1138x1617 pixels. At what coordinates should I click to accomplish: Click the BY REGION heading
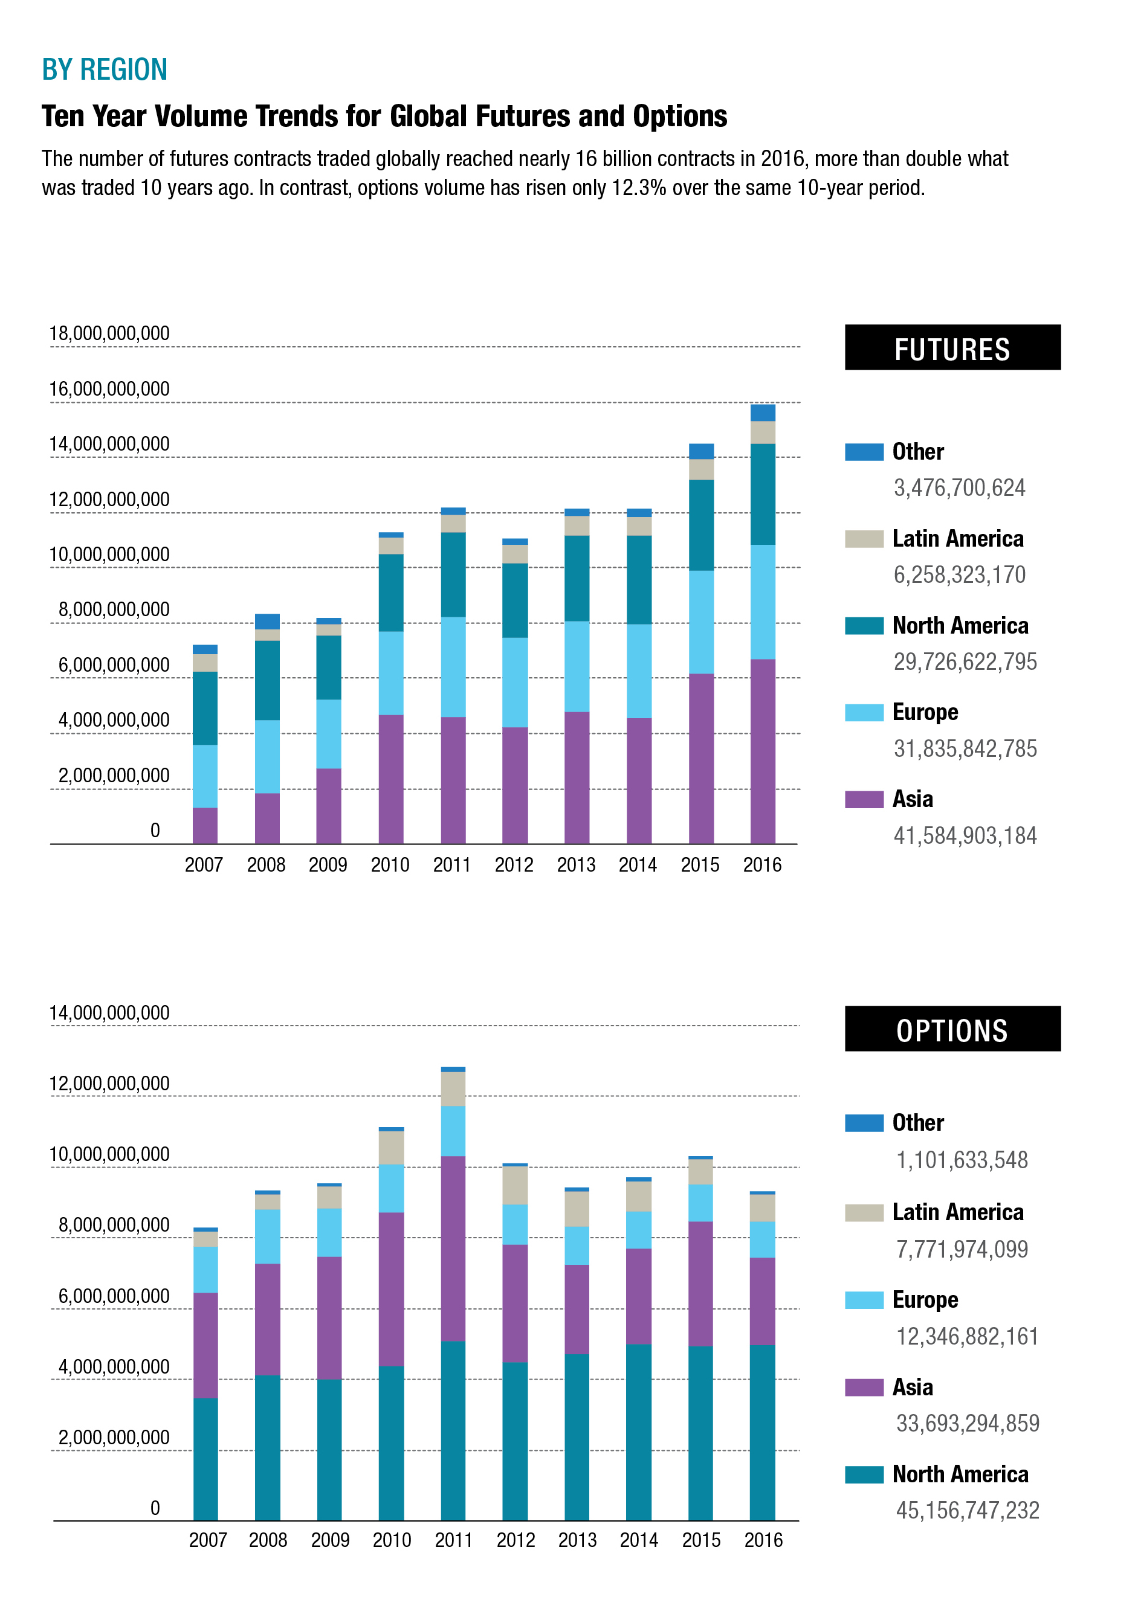[x=105, y=69]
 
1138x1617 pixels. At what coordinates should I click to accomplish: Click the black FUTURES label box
[x=952, y=347]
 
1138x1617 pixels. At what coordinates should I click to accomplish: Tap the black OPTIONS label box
[x=952, y=1028]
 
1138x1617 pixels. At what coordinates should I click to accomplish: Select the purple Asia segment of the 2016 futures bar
[x=763, y=751]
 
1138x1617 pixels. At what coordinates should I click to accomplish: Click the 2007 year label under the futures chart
[x=204, y=865]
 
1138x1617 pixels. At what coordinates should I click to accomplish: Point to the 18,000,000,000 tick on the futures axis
[x=109, y=333]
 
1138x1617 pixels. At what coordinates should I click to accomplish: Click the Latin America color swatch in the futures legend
[x=864, y=539]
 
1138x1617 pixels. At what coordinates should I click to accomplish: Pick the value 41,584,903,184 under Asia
[x=965, y=836]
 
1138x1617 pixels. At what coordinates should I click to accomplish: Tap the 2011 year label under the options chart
[x=453, y=1540]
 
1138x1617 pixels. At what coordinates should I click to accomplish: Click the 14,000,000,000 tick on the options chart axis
[x=109, y=1013]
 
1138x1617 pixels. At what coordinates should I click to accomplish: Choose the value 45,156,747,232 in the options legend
[x=967, y=1510]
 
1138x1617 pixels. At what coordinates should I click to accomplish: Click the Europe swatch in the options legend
[x=864, y=1300]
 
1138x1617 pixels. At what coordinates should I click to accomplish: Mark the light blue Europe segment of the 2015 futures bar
[x=701, y=622]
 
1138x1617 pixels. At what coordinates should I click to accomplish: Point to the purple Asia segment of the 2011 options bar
[x=453, y=1248]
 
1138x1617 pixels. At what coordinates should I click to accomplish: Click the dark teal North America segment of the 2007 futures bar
[x=205, y=708]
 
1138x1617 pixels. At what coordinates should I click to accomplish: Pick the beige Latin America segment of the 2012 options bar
[x=515, y=1185]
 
